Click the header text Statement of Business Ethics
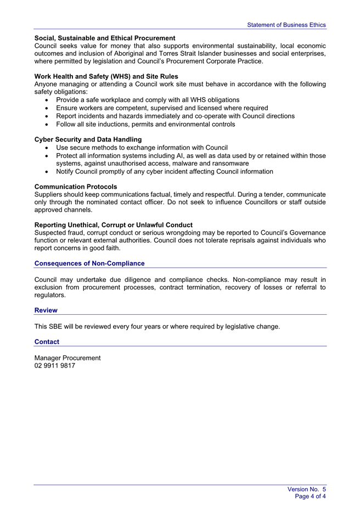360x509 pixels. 286,25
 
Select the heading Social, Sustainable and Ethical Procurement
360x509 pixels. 105,38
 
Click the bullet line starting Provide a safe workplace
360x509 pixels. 148,100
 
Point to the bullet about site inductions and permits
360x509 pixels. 145,124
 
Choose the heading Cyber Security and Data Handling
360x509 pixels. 88,139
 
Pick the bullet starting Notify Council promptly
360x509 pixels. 164,172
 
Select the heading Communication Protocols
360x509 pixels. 76,186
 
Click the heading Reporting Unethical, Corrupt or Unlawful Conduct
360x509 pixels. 113,225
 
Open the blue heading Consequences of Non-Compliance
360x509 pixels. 89,263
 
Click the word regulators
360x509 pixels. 50,295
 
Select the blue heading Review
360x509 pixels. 46,310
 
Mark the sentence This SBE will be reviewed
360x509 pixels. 157,327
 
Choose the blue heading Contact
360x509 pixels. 47,342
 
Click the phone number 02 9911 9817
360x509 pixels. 55,366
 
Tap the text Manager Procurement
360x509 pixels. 67,358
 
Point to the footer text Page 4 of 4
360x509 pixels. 310,496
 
